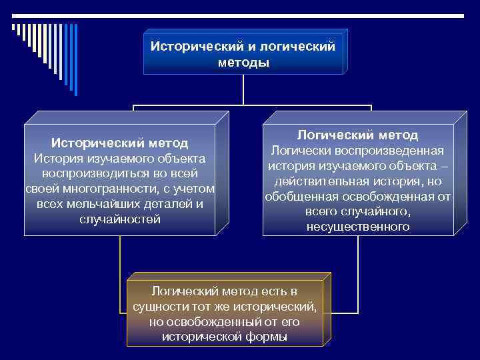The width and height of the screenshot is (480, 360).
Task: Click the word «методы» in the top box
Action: pyautogui.click(x=243, y=63)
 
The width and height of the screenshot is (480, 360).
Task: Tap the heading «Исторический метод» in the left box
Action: pyautogui.click(x=120, y=143)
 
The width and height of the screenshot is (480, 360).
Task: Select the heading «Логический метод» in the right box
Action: pyautogui.click(x=357, y=135)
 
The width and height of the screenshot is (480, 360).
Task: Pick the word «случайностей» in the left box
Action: pyautogui.click(x=120, y=219)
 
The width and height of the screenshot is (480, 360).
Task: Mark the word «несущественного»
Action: pyautogui.click(x=358, y=227)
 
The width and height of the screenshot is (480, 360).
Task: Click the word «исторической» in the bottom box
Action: pyautogui.click(x=200, y=337)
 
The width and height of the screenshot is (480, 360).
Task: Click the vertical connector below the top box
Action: pyautogui.click(x=243, y=89)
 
